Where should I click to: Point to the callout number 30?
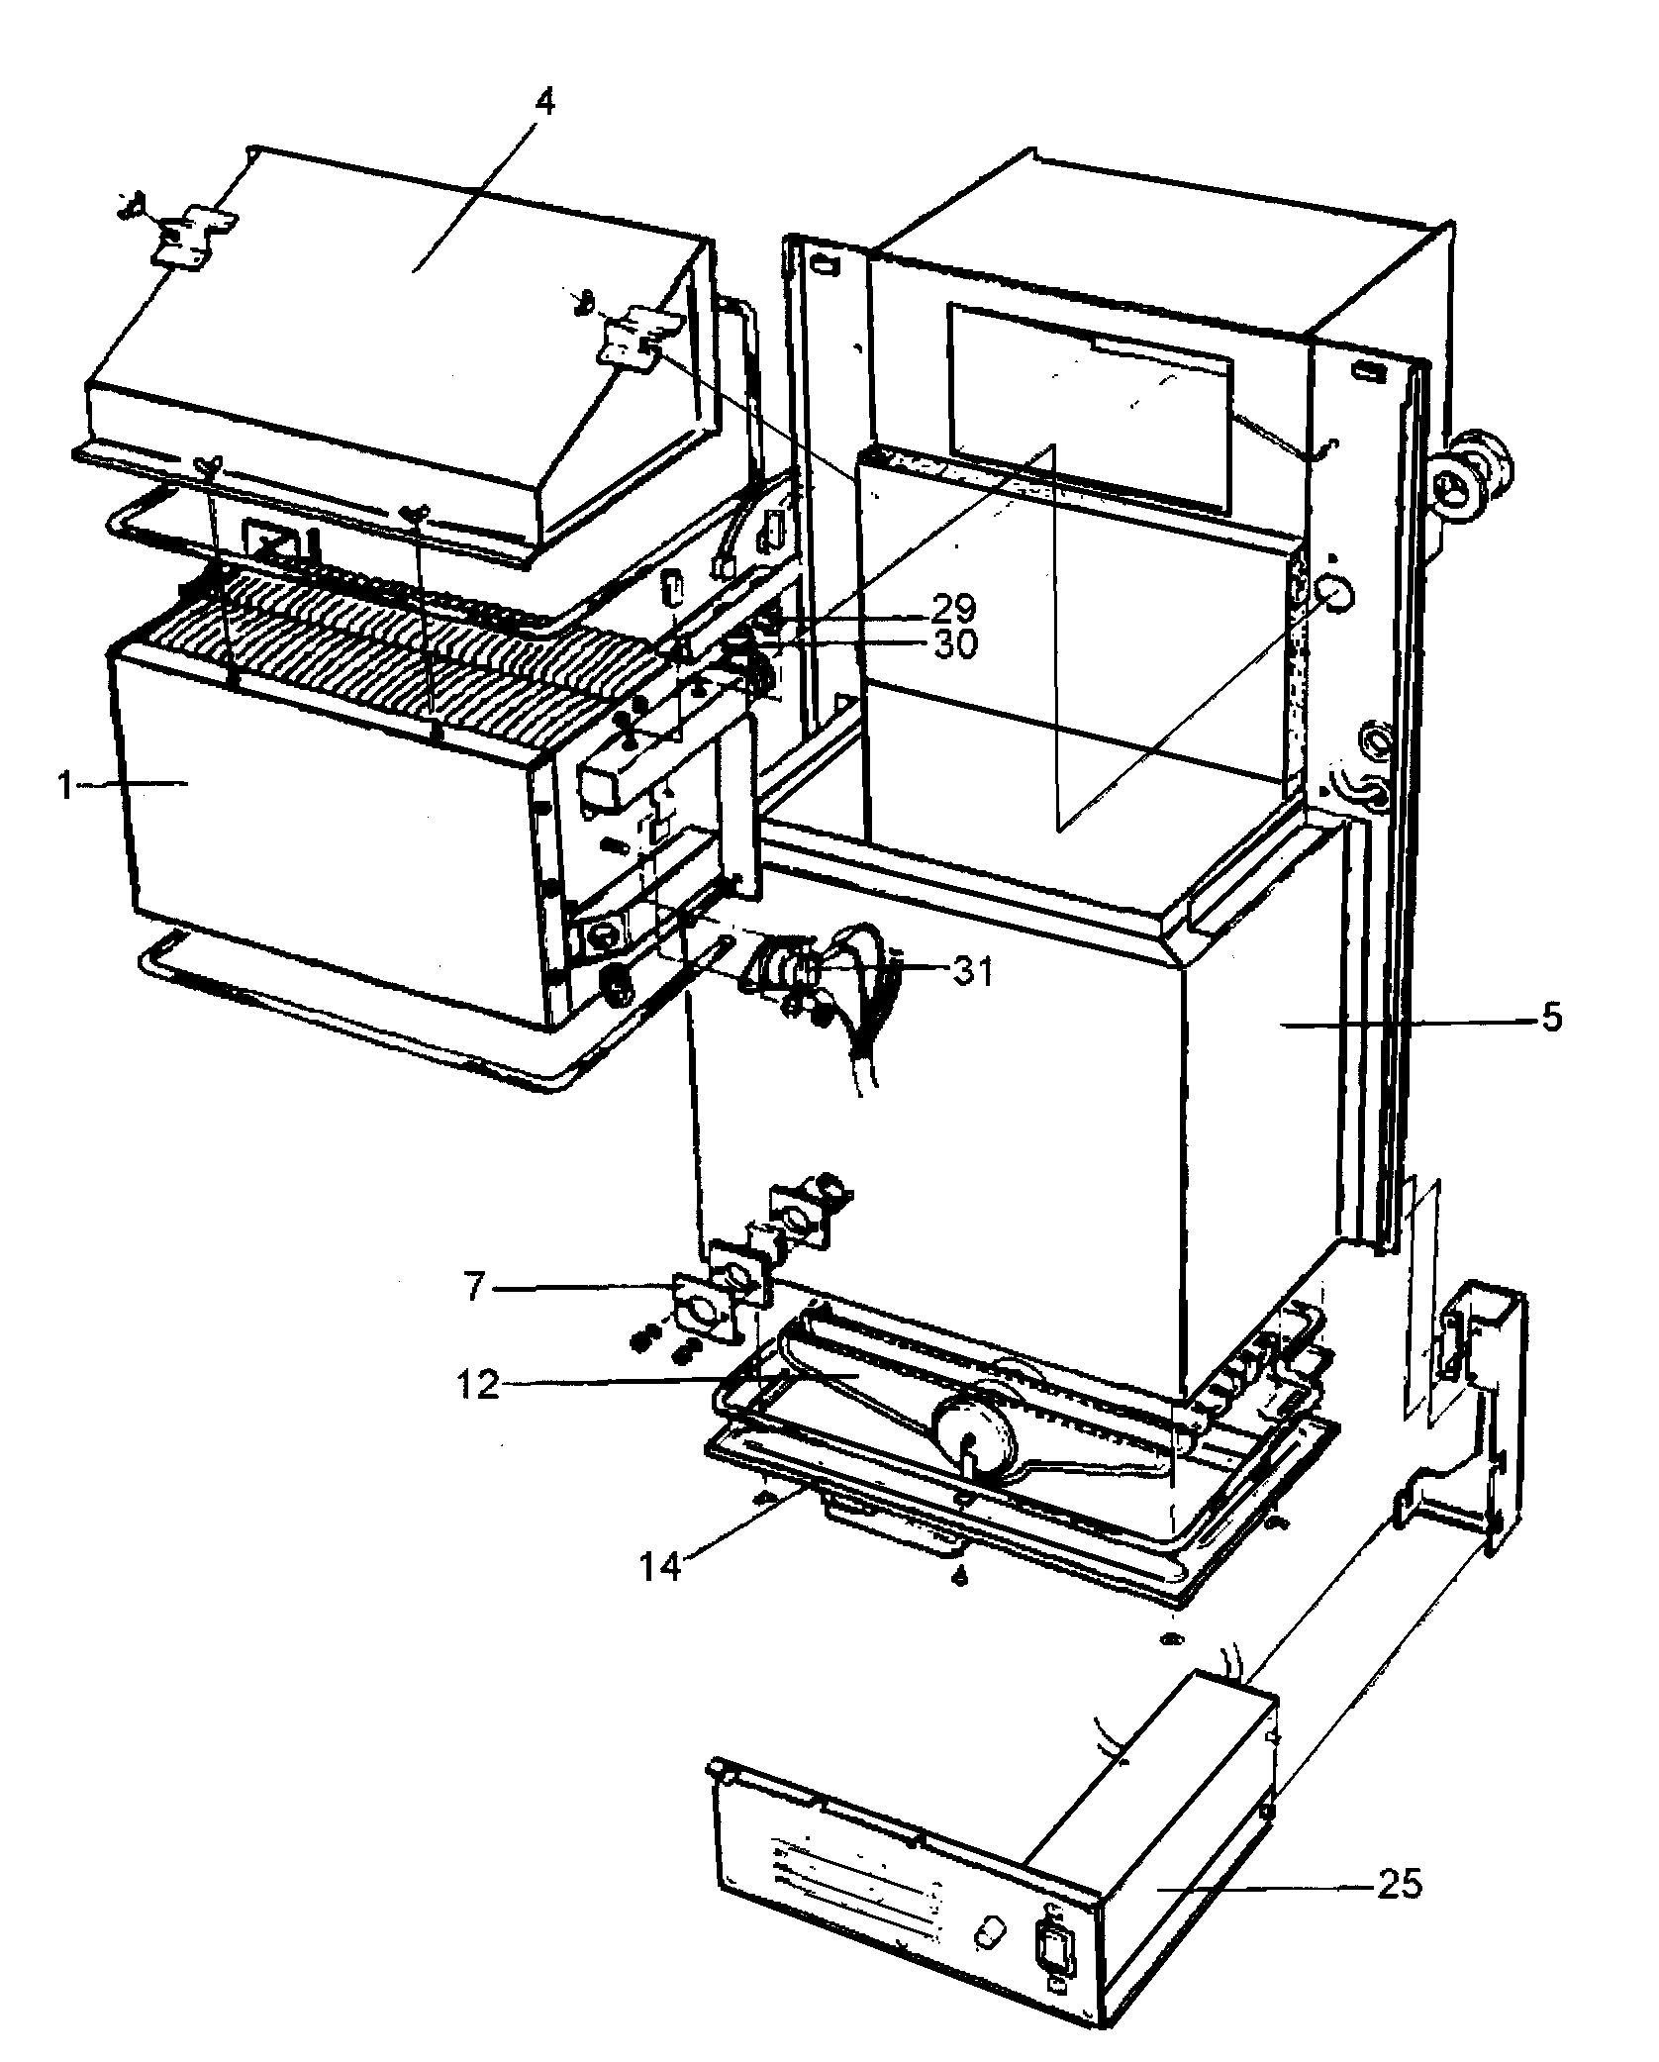pyautogui.click(x=953, y=644)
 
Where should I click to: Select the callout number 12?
pyautogui.click(x=479, y=1384)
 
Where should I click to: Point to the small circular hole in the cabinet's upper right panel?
pyautogui.click(x=1336, y=595)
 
